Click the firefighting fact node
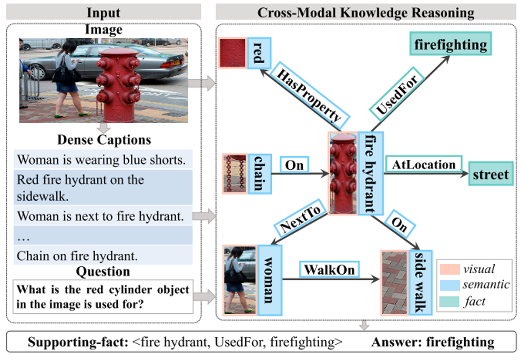point(451,44)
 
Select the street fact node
point(490,174)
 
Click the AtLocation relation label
point(424,164)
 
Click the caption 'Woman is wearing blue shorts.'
point(101,159)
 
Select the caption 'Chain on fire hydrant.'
point(77,256)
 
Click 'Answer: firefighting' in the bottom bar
point(432,343)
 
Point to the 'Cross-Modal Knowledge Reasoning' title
point(365,12)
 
